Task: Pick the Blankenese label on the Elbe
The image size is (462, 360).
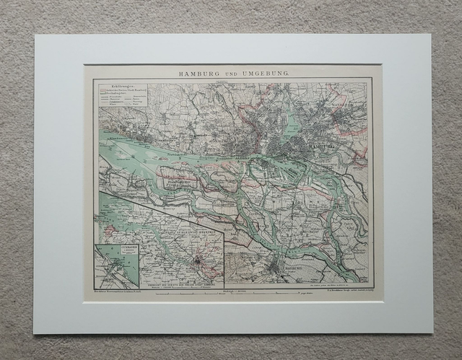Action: (114, 136)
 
